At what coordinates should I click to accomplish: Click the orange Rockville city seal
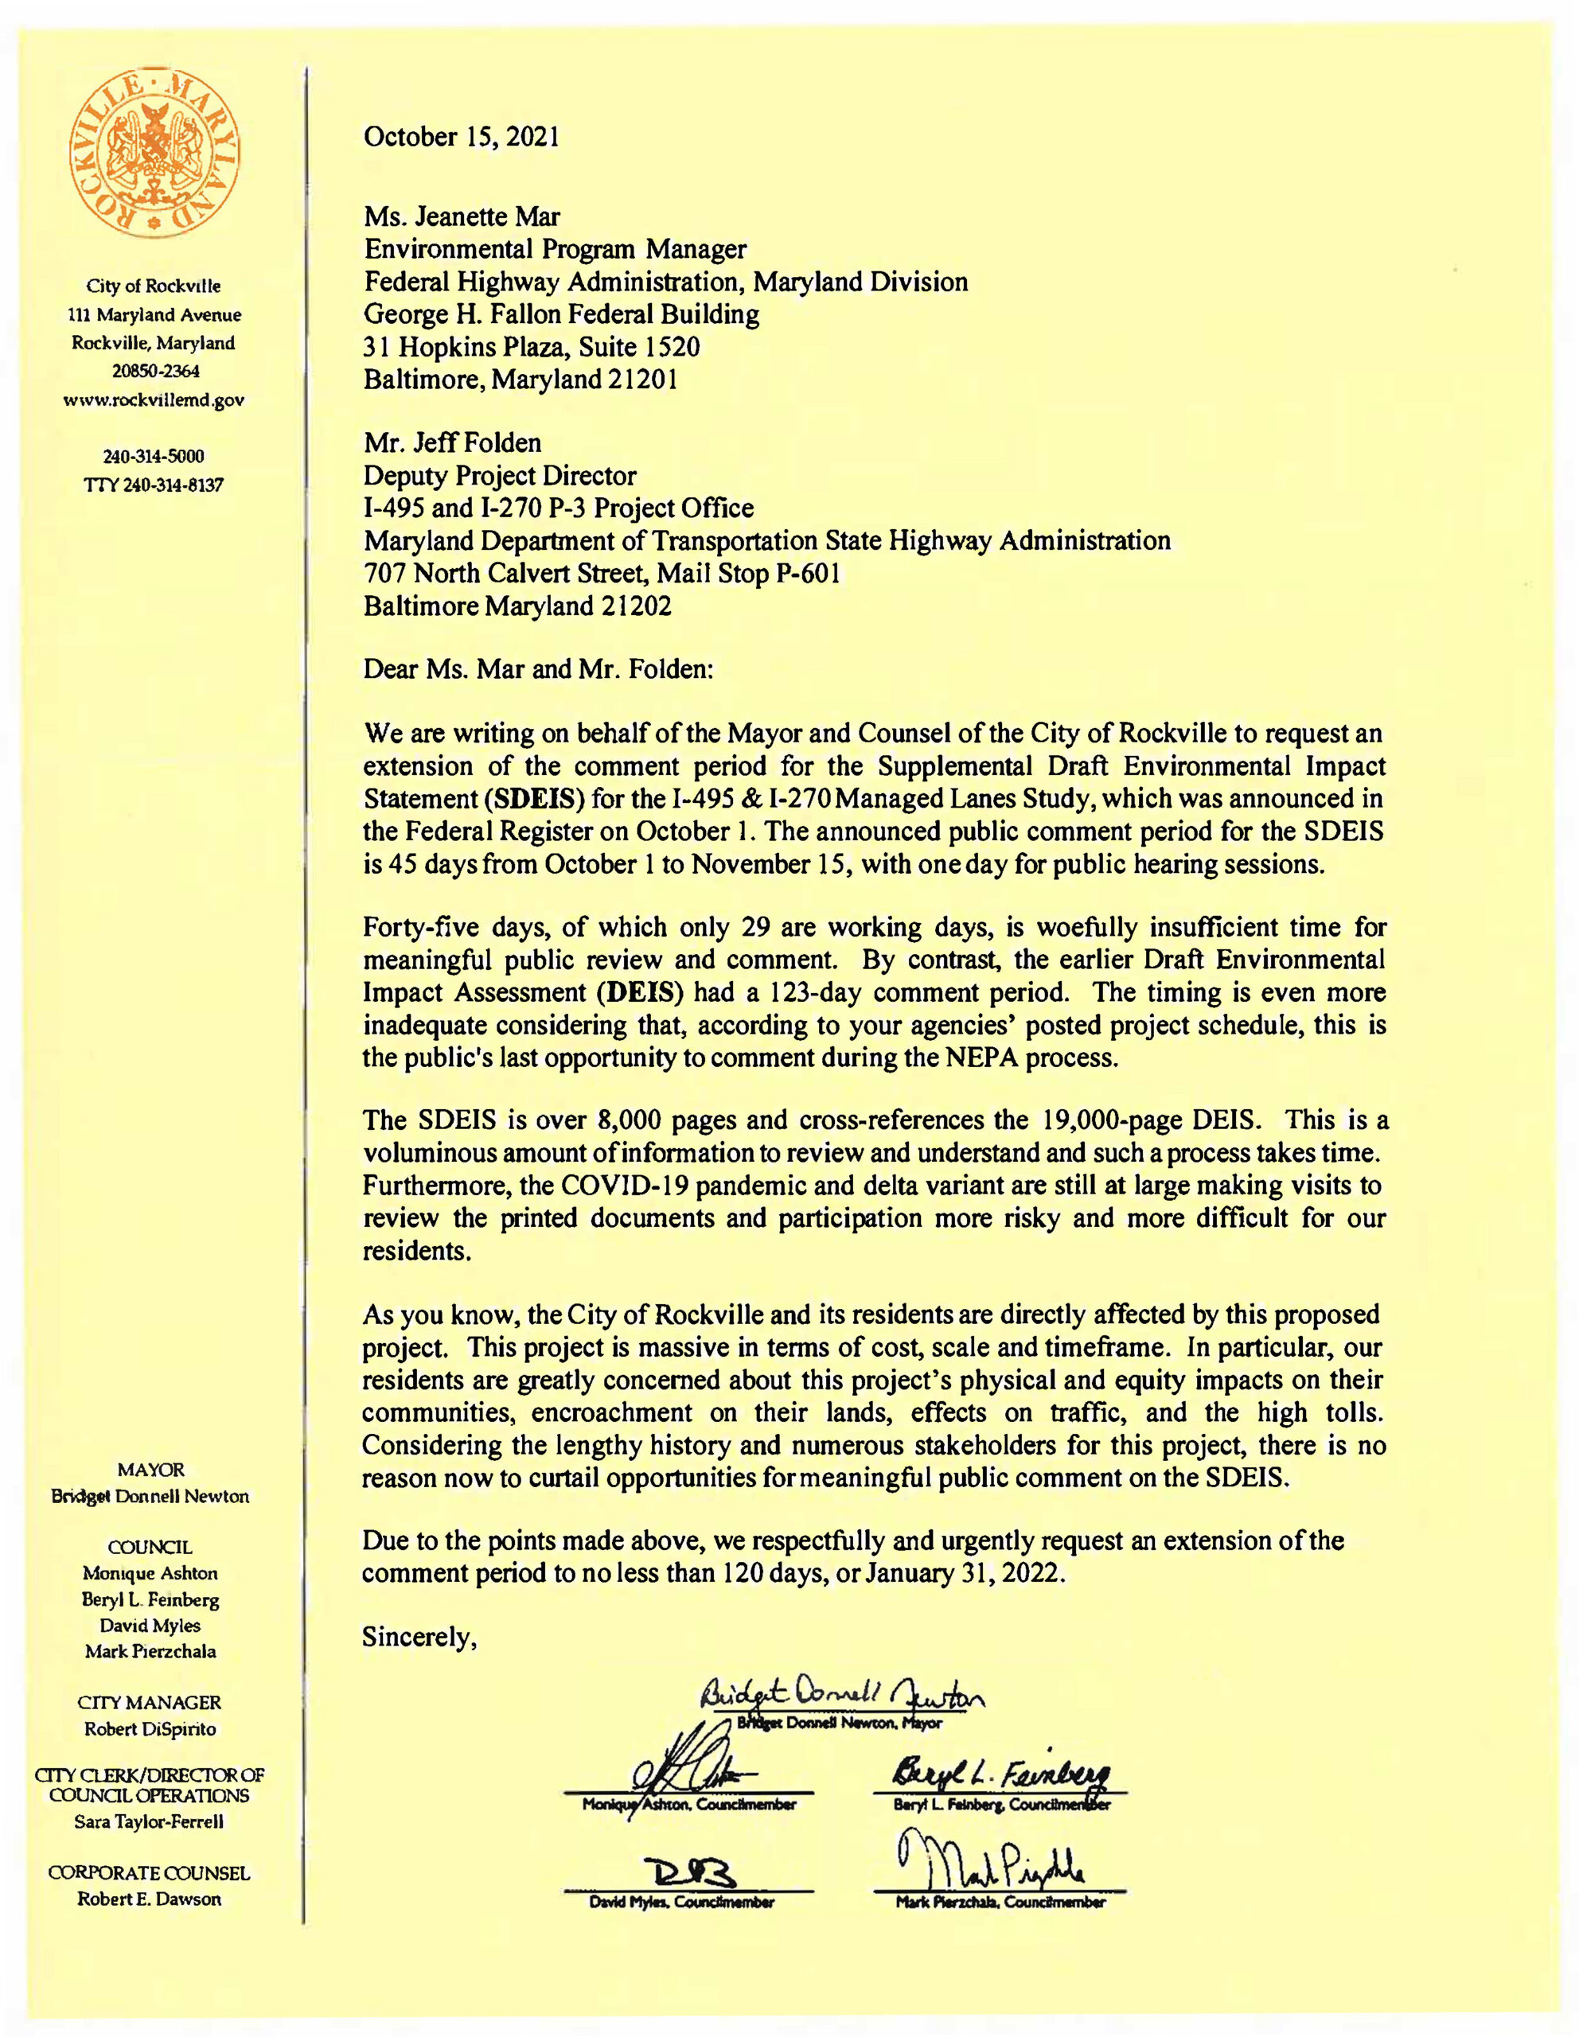coord(155,157)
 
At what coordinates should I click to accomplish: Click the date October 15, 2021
coord(462,137)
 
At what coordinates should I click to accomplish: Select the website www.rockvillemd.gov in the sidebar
coord(154,400)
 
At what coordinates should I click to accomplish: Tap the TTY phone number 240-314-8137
coord(154,485)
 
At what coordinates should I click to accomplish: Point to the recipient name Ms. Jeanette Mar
coord(462,217)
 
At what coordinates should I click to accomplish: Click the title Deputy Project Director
coord(500,476)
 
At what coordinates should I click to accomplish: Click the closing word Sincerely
coord(419,1638)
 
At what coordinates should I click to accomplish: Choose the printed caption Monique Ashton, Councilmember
coord(689,1805)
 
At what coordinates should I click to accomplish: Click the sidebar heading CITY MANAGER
coord(150,1702)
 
